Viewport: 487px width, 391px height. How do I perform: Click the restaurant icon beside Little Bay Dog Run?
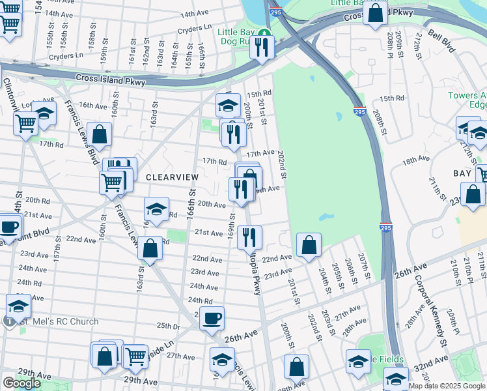coord(262,47)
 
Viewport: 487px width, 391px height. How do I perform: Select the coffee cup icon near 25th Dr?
coord(212,319)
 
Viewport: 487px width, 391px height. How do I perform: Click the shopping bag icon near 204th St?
coord(309,245)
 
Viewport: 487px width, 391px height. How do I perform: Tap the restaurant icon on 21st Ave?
coord(249,237)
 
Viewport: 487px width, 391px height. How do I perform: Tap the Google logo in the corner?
coord(21,383)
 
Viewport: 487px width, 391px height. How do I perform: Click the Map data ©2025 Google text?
coord(447,386)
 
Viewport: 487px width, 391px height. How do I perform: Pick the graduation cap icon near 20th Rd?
coord(156,209)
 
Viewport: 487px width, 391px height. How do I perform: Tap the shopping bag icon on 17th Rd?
coord(99,135)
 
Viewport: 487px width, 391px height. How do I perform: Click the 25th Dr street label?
coord(167,326)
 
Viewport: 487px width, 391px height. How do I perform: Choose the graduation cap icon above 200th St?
coord(229,105)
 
